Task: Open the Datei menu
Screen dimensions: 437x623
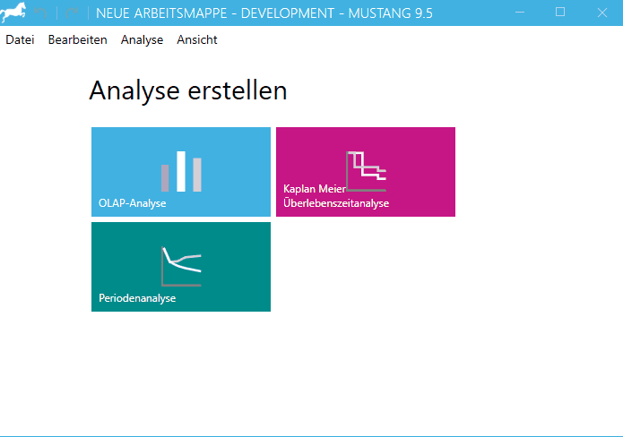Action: tap(20, 39)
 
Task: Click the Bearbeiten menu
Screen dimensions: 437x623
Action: tap(77, 39)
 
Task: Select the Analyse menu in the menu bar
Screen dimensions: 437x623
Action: tap(142, 39)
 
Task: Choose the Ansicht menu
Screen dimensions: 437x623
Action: tap(197, 39)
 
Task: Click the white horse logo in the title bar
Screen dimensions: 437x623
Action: tap(13, 13)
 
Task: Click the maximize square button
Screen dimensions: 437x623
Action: tap(560, 13)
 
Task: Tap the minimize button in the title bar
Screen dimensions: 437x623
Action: tap(519, 13)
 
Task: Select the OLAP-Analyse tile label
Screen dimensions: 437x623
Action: tap(133, 203)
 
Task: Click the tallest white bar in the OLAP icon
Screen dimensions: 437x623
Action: tap(181, 171)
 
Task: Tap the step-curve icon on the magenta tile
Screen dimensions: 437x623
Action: tap(366, 171)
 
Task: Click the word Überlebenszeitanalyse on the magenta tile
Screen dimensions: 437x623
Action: tap(336, 203)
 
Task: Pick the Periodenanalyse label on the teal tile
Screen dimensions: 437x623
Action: tap(137, 298)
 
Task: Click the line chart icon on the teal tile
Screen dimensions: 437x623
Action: tap(181, 265)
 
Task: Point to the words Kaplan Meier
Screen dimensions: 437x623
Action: tap(315, 190)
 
